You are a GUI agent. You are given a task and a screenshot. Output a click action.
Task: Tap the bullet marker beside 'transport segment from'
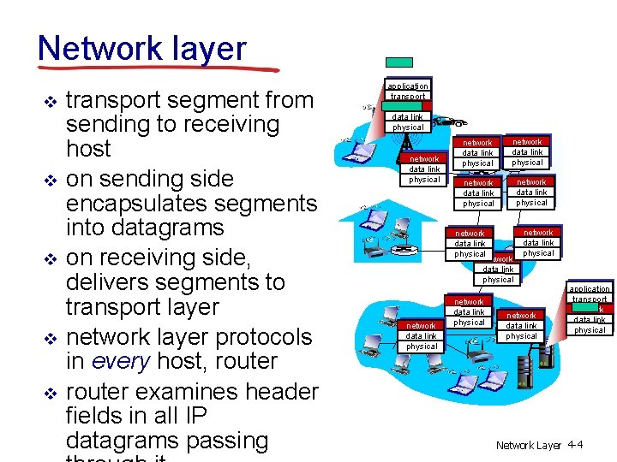[x=50, y=101]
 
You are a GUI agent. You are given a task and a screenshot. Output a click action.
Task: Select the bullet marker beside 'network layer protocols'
[x=50, y=337]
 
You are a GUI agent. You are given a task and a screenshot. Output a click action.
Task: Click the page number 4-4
[x=574, y=445]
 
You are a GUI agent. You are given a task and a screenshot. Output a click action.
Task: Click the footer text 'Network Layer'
[x=528, y=445]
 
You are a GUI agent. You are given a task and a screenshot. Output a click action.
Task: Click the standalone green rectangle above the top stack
[x=399, y=62]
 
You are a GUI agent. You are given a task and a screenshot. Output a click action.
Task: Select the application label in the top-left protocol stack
[x=407, y=86]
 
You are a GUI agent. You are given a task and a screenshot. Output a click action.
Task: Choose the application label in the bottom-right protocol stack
[x=590, y=289]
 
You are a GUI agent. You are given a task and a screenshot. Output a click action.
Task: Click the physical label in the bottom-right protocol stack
[x=590, y=329]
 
